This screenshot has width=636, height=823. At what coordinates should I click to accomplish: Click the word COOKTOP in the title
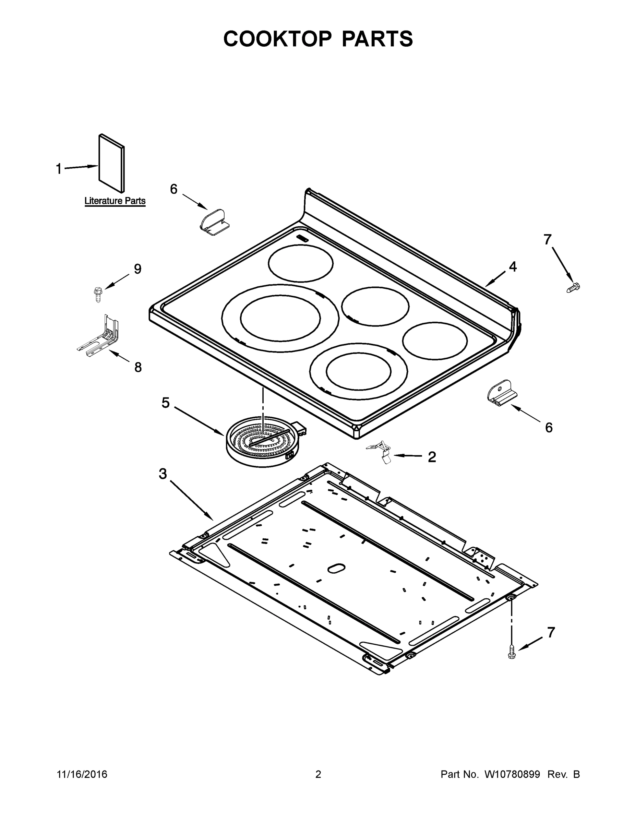coord(278,38)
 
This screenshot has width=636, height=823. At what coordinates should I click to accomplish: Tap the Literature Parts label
coord(115,201)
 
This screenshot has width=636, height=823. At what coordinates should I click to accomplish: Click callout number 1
coord(59,169)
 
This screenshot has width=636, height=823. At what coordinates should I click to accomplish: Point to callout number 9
coord(138,269)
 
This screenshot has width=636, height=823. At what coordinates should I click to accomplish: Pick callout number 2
coord(432,457)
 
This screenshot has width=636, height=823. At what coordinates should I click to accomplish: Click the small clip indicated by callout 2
coord(381,450)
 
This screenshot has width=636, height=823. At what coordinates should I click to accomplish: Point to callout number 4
coord(513,267)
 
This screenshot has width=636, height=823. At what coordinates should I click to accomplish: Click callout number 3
coord(163,474)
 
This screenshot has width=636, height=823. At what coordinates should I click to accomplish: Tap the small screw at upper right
coord(573,287)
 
